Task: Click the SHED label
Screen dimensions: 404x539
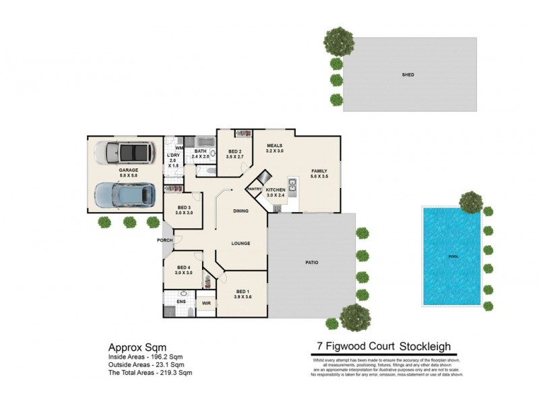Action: click(x=408, y=75)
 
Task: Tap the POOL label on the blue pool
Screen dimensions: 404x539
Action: click(x=453, y=257)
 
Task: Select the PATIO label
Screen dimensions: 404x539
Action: click(x=311, y=262)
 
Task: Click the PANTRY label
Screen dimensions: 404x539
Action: click(x=254, y=190)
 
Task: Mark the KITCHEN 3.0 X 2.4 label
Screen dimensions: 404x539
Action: click(x=276, y=193)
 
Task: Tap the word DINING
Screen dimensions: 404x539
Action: click(x=241, y=211)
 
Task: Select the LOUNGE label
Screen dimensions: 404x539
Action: click(x=241, y=243)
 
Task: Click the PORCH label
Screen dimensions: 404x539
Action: click(x=164, y=240)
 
